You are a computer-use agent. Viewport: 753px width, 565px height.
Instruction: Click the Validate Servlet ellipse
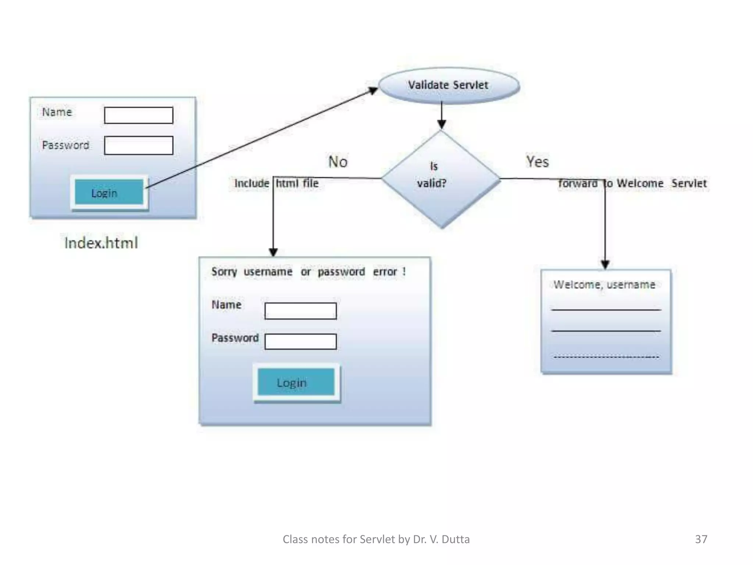(449, 85)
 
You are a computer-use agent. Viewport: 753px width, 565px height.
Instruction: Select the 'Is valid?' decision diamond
(441, 179)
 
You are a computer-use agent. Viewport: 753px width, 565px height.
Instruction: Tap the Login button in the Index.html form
(109, 192)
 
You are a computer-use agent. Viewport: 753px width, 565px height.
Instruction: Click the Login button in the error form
(296, 383)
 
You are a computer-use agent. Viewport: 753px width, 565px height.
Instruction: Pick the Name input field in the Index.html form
(139, 115)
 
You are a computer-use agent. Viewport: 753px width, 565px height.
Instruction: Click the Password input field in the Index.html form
(139, 145)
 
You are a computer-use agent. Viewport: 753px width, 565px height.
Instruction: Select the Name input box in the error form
(300, 311)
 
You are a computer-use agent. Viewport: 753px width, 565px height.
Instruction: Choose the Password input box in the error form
(300, 341)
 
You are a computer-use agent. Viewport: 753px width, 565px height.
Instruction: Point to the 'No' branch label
(338, 162)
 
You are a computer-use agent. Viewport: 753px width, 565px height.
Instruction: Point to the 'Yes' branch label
(537, 162)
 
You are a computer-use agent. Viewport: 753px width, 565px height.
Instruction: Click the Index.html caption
(101, 243)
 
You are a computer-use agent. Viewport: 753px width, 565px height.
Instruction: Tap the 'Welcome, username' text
(604, 284)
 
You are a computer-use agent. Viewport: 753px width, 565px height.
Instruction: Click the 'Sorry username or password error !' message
(308, 272)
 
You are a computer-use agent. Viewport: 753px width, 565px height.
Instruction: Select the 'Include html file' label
(276, 183)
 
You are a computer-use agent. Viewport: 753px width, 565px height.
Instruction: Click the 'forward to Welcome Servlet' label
(632, 183)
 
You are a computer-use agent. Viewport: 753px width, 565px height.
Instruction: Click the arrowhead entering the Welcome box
(605, 264)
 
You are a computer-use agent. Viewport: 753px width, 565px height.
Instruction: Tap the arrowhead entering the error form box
(273, 252)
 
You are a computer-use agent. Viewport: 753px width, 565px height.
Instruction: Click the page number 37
(701, 539)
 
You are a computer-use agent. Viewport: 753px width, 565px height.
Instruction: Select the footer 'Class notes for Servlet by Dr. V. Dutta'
(376, 539)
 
